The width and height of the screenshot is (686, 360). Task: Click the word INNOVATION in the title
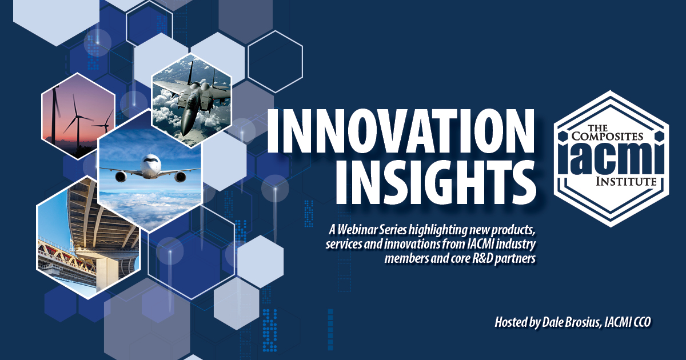(401, 131)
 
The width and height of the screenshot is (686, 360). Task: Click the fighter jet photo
(192, 100)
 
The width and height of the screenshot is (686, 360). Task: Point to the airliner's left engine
(121, 177)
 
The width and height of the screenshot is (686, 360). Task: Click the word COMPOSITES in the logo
(607, 136)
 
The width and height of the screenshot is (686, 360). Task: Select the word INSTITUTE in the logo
(626, 182)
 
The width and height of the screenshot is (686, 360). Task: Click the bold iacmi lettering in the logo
(611, 158)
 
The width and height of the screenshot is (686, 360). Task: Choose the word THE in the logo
(598, 127)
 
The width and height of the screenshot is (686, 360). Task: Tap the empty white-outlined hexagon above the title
(275, 62)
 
